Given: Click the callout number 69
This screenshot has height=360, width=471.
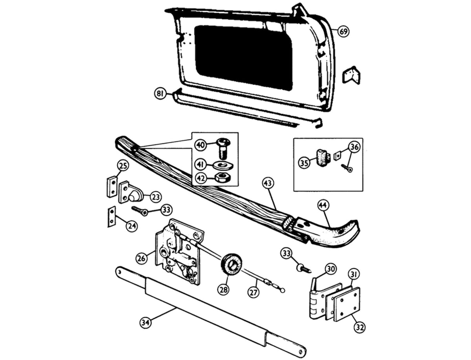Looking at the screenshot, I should coord(343,31).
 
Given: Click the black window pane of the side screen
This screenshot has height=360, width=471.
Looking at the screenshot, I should coord(243,57).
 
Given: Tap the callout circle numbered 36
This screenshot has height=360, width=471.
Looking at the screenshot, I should coord(354,147).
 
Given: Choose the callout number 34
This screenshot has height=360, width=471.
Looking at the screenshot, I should coord(146,323).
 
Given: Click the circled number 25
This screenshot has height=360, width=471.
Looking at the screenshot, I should coord(123,166).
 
